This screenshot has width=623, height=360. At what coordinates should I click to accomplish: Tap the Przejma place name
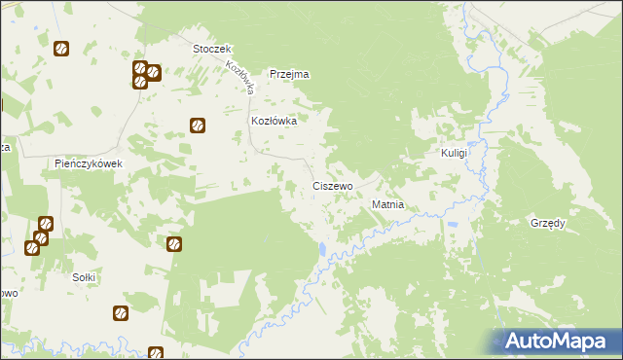pos(289,74)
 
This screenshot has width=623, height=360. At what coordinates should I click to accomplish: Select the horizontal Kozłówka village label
pos(274,122)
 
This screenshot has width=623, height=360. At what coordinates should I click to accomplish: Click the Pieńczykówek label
pos(89,163)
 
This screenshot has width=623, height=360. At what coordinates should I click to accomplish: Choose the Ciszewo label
pos(332,185)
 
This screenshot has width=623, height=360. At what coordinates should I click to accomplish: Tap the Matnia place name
pos(388,205)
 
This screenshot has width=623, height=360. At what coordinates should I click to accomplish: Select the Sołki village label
pos(85,277)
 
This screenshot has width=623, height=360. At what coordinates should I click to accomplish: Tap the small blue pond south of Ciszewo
pos(321,251)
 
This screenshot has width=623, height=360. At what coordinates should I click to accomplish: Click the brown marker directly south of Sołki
pos(120,313)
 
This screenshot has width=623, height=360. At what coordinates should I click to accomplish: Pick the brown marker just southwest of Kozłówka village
pos(197,125)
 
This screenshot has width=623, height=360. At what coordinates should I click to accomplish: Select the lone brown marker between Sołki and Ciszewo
pos(174,244)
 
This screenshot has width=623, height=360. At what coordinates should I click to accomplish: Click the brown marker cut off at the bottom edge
pos(156,354)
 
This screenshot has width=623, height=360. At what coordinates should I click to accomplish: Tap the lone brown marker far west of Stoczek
pos(60,48)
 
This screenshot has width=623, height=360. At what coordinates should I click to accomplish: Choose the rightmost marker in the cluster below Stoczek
pos(154,72)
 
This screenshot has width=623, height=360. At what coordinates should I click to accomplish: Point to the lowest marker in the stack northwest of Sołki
pos(31,247)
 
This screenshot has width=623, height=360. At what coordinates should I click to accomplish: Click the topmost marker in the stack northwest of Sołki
pos(45,224)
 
